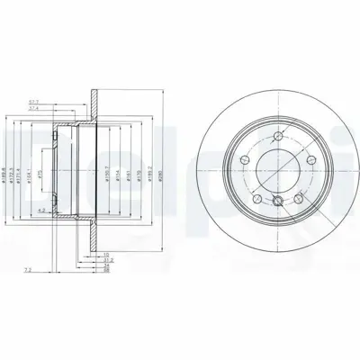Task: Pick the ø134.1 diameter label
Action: coord(31,166)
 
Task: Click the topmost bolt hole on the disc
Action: coord(272,136)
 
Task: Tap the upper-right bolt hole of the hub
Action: coord(301,157)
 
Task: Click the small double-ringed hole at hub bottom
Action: coord(279,201)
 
